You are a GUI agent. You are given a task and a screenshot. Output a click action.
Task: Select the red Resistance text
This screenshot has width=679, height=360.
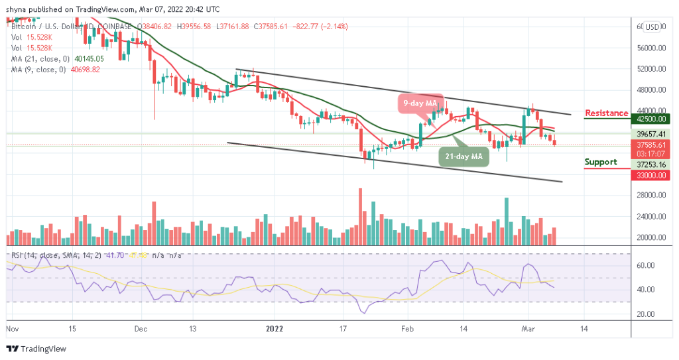607,113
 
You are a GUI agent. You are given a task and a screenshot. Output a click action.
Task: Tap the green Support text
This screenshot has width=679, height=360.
601,162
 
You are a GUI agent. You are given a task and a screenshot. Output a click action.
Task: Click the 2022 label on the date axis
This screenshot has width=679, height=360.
275,328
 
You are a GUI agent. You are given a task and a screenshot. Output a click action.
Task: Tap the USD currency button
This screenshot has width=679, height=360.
652,27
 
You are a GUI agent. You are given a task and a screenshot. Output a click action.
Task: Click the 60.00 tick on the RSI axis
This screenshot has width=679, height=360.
646,265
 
